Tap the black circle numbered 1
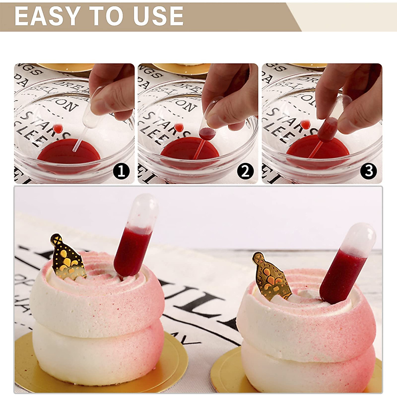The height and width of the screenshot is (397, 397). (121, 171)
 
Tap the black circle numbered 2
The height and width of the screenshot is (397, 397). (245, 171)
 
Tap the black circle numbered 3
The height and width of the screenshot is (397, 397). (369, 171)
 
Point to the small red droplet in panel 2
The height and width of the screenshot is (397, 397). (179, 127)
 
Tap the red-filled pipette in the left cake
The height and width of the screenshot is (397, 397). (132, 248)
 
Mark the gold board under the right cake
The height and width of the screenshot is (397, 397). (228, 371)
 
